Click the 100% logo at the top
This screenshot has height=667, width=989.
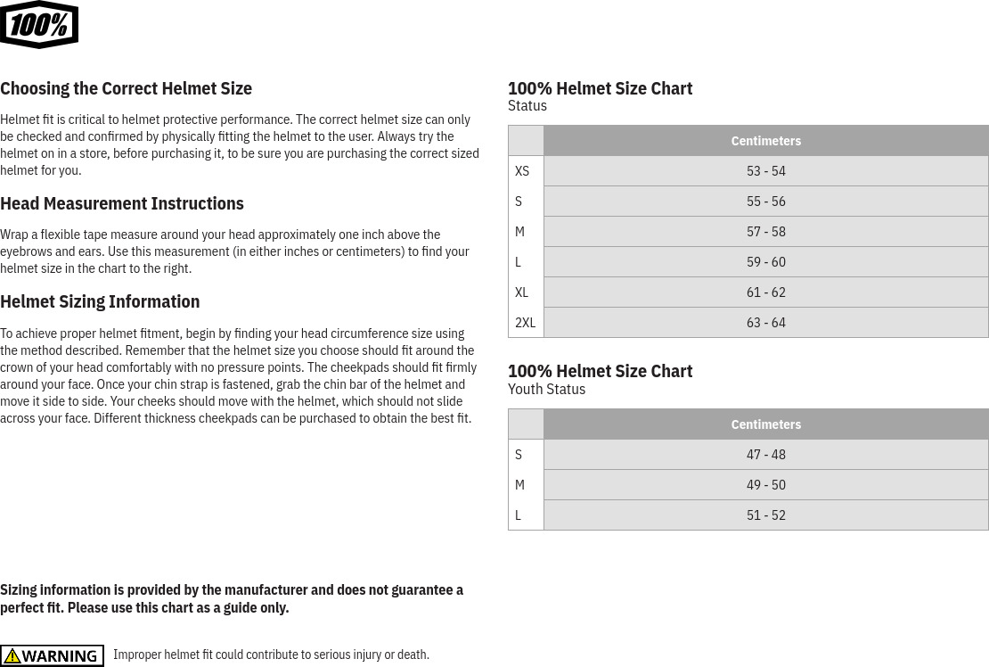point(39,25)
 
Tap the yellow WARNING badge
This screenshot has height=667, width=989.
point(52,655)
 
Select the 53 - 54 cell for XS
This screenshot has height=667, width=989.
point(765,171)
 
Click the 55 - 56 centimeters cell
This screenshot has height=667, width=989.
point(765,202)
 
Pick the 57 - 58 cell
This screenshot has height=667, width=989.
point(765,232)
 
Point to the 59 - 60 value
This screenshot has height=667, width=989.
point(765,262)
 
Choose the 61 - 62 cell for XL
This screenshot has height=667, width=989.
point(765,292)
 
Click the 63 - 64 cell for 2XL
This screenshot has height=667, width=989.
point(765,323)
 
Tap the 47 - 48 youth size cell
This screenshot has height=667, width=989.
point(765,455)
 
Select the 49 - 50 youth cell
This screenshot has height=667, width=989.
point(765,485)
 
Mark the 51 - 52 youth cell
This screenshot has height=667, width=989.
point(765,515)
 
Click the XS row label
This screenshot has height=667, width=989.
point(522,171)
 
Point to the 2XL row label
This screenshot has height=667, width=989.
point(525,323)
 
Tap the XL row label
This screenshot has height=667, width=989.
point(522,292)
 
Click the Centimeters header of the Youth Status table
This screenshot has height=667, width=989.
point(765,424)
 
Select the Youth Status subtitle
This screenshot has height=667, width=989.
point(546,389)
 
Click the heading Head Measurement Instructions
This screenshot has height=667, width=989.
point(122,203)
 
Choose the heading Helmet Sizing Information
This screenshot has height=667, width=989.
point(100,301)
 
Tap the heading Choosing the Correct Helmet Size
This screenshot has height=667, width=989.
point(126,88)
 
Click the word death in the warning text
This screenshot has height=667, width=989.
point(413,655)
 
